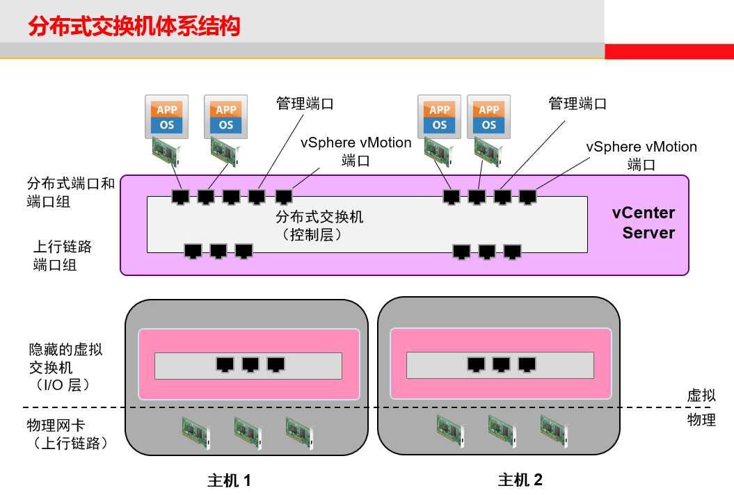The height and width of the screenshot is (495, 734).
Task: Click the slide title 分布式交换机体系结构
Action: point(134,26)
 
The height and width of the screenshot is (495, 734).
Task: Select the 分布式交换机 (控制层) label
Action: point(319,226)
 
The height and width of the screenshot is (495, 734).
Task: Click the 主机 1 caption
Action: point(229,480)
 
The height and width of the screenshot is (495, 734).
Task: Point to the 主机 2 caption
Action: point(520,480)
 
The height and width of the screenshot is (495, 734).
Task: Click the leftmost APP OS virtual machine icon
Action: point(167,117)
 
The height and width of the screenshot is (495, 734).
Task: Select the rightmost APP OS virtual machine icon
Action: point(488,117)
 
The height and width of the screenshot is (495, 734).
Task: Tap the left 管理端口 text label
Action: point(305,104)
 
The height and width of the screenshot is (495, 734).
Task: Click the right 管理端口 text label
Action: point(577,104)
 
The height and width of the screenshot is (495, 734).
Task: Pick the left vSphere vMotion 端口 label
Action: point(356,152)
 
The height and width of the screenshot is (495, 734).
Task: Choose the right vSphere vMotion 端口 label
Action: point(641,156)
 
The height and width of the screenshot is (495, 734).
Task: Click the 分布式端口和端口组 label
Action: point(70,193)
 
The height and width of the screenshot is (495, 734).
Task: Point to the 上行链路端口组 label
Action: point(63,255)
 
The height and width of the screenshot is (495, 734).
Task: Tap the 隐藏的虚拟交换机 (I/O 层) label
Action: point(65,366)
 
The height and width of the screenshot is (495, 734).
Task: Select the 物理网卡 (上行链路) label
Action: point(66,433)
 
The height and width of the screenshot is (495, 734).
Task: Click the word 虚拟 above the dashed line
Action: point(701,396)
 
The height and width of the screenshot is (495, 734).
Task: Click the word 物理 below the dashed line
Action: point(701,419)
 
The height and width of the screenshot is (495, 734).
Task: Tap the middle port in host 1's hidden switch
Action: point(250,364)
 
